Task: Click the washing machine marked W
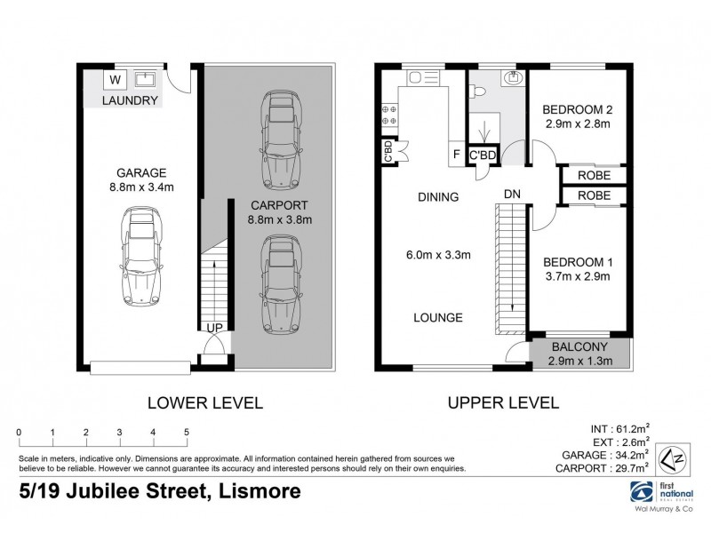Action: [x=115, y=79]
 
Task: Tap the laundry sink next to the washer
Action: [x=144, y=79]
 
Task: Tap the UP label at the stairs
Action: [x=215, y=328]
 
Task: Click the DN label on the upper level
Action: [x=512, y=193]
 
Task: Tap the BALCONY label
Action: [x=579, y=346]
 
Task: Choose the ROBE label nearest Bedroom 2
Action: [x=594, y=176]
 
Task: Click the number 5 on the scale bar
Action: [x=187, y=434]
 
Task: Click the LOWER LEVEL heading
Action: [x=204, y=402]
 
